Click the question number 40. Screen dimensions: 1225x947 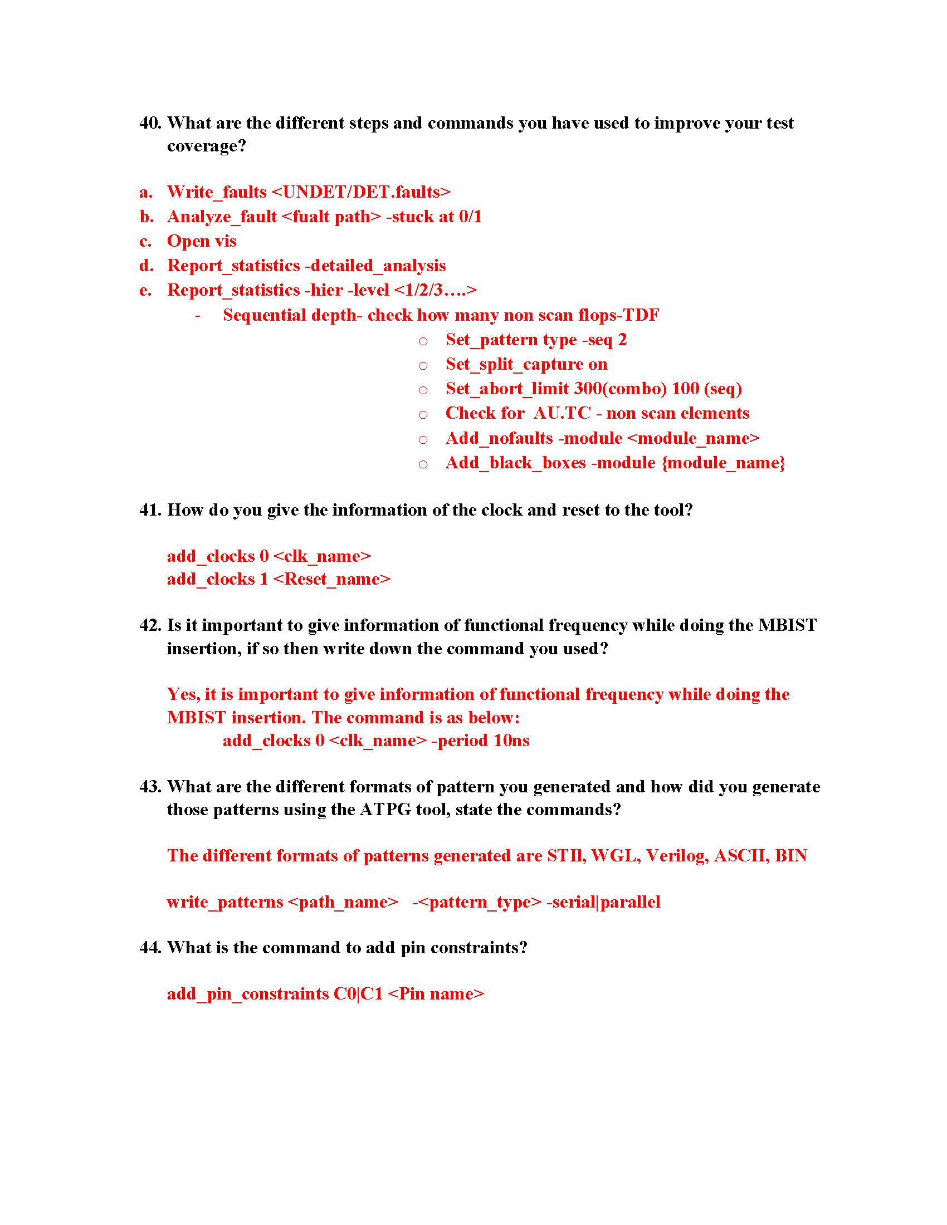150,123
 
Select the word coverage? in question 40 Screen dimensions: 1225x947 207,146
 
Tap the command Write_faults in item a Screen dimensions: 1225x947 217,193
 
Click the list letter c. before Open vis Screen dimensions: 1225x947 145,242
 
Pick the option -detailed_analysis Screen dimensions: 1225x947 375,266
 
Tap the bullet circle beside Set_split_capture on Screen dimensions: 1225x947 423,366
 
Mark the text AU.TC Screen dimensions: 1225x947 562,413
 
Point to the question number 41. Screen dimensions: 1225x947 150,510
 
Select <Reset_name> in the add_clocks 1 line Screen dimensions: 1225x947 331,580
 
